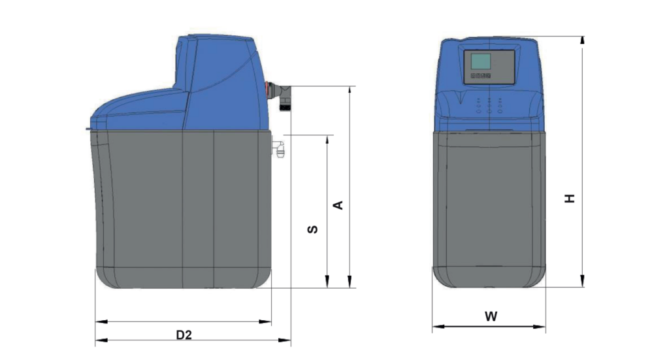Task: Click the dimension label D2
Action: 184,335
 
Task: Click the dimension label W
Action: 491,316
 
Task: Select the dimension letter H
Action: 570,199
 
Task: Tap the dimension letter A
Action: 338,205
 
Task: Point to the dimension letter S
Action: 313,229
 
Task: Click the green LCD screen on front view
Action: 481,61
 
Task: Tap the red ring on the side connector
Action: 268,89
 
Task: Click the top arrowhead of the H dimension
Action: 582,40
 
